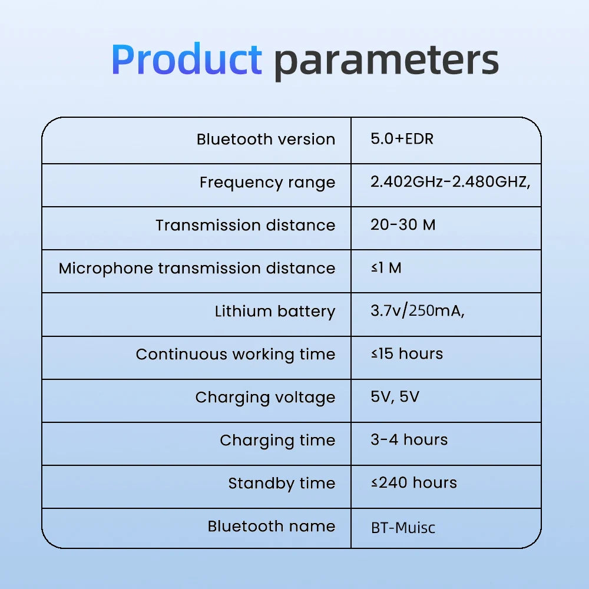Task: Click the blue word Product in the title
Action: coord(186,59)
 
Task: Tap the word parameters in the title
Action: coord(386,61)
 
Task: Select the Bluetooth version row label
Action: coord(266,140)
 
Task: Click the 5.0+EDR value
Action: coord(402,139)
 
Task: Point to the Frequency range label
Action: coord(267,183)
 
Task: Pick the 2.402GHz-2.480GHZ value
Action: coord(450,182)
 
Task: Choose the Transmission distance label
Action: coord(245,226)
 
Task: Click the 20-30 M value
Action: coord(403,225)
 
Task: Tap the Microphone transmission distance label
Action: coord(197,269)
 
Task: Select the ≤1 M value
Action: coord(386,268)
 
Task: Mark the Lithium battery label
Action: coord(274,312)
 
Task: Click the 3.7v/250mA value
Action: coord(417,311)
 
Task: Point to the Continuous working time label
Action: coord(235,355)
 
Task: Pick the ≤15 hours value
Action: coord(406,354)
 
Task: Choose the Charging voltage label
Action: coord(265,398)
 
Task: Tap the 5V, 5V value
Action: coord(395,397)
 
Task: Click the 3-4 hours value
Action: coord(409,440)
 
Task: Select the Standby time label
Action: coord(282,484)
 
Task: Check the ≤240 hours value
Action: coord(413,483)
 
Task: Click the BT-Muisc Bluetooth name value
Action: coord(403,527)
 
